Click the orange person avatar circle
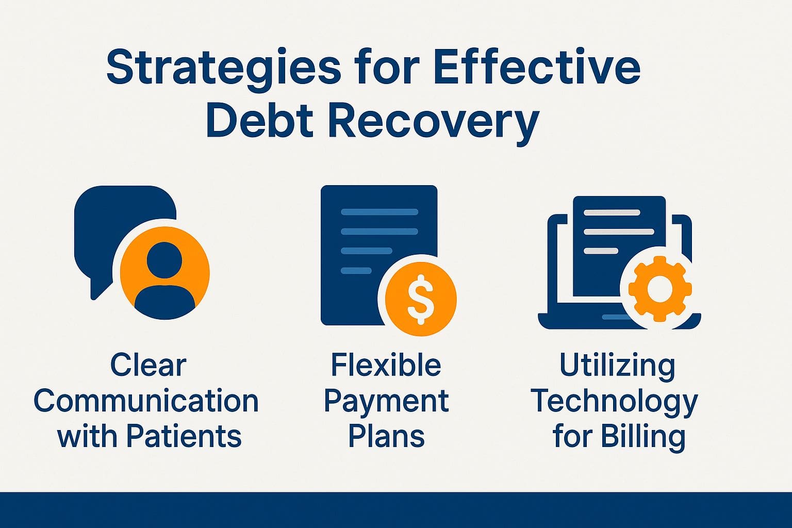point(164,273)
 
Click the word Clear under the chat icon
point(148,366)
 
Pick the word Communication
point(146,401)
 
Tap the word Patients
point(184,436)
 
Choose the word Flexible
point(386,366)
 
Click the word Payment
point(386,401)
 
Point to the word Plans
point(386,436)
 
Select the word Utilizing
point(617,366)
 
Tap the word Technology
point(614,401)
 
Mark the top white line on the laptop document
point(612,212)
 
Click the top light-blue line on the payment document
point(379,212)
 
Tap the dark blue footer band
point(396,510)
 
